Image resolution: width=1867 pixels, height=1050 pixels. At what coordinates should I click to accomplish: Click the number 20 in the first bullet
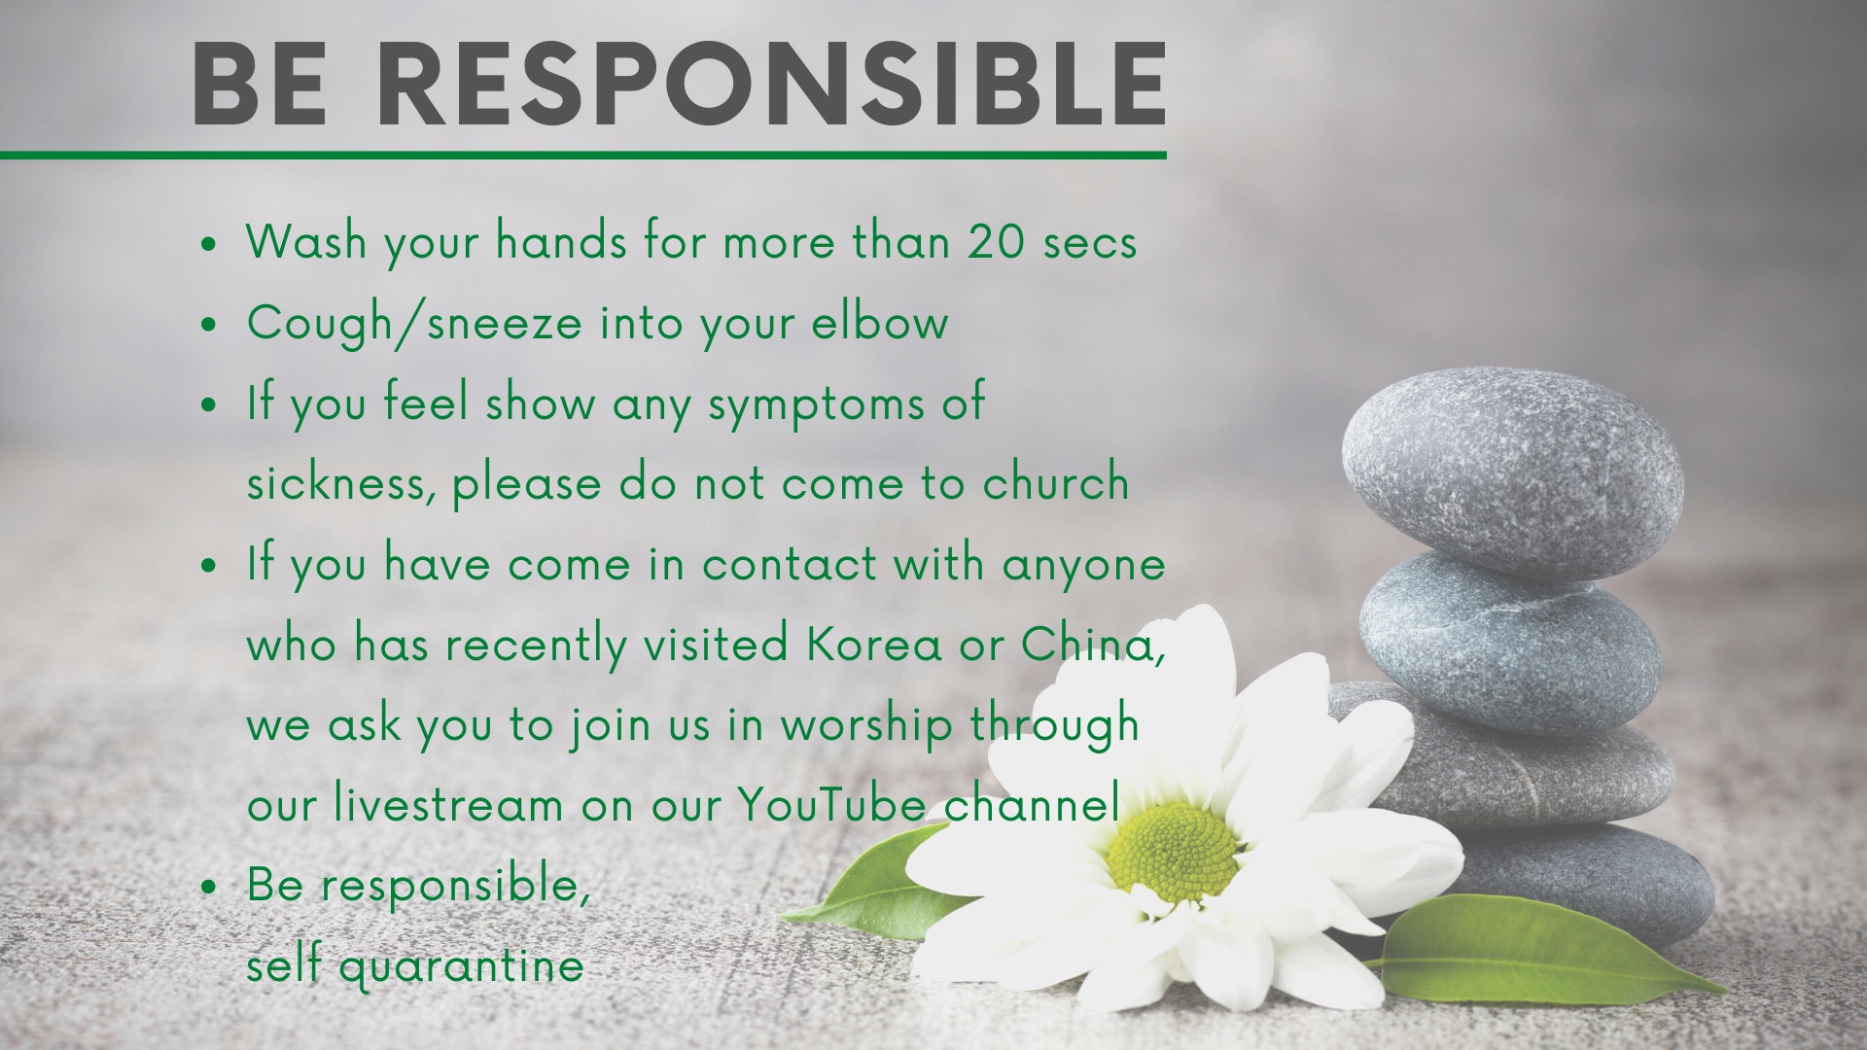point(997,241)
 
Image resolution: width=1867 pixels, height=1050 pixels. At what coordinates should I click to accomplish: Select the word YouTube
point(831,804)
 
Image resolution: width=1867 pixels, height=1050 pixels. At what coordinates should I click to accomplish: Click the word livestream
point(448,804)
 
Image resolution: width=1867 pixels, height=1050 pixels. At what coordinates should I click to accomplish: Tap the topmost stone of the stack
point(1512,473)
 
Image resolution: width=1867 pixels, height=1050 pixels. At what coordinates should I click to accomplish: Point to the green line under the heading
point(583,155)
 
